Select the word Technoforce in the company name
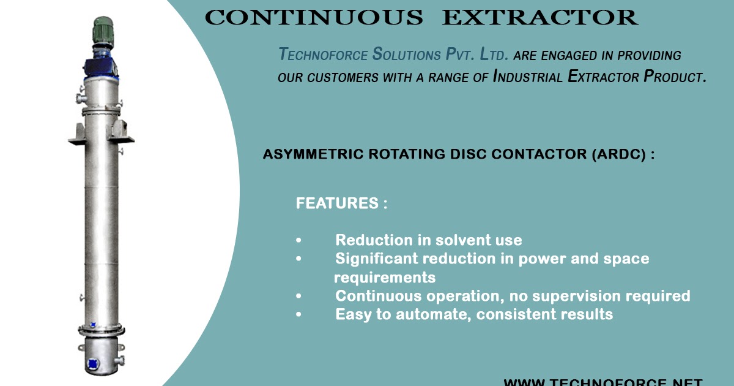coord(323,55)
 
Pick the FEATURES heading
coord(341,203)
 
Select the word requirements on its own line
coord(385,278)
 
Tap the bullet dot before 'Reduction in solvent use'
coord(298,241)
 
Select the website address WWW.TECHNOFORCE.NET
coord(602,382)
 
